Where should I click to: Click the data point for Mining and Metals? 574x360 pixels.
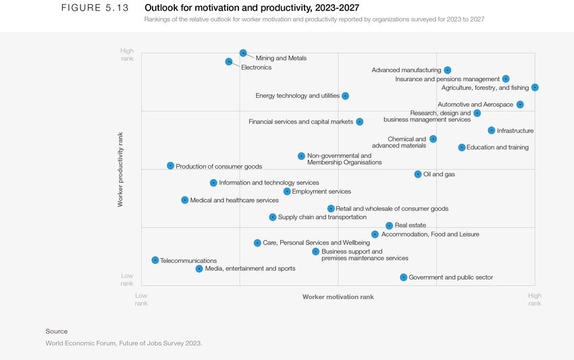coord(243,53)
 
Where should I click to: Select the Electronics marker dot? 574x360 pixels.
coord(229,61)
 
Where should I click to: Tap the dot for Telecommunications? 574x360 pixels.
coord(155,260)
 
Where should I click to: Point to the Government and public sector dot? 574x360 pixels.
coord(404,277)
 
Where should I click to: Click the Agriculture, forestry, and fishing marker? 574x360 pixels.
coord(535,87)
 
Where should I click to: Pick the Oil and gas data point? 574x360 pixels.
coord(418,174)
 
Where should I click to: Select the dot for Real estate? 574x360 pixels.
coord(390,226)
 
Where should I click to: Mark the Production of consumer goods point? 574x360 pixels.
coord(171,165)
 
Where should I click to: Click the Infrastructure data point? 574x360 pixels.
coord(492,130)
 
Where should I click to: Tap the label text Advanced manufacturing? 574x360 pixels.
coord(406,70)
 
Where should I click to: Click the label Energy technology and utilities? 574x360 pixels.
coord(297,96)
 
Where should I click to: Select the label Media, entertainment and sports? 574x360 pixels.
coord(250,269)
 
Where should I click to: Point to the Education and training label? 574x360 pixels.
coord(498,147)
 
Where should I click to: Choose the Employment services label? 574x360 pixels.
coord(321,192)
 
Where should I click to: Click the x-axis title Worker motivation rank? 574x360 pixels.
coord(338,297)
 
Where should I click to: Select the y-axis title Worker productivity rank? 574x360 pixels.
coord(120,169)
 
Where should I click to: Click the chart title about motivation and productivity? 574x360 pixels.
coord(252,8)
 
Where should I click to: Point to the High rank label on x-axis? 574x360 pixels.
coord(535,299)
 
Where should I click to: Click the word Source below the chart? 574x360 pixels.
coord(57,331)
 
